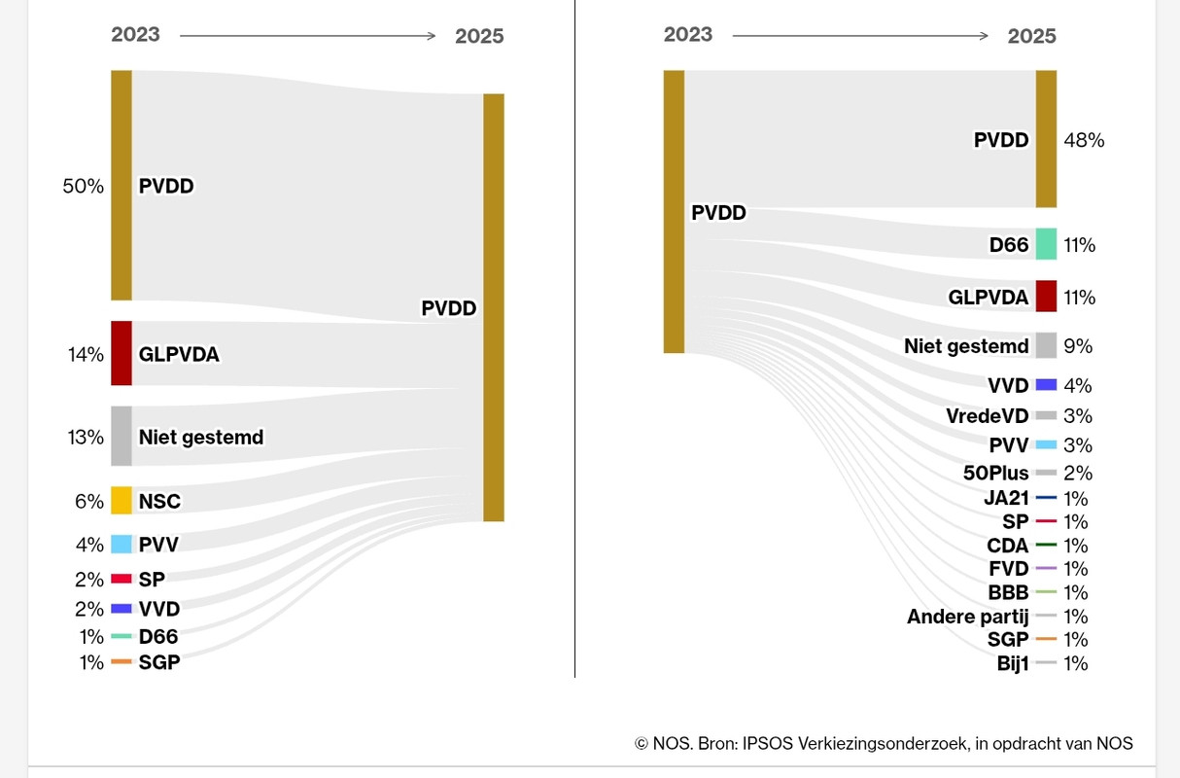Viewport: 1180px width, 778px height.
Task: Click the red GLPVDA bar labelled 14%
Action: point(121,353)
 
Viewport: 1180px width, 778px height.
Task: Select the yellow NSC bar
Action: point(121,500)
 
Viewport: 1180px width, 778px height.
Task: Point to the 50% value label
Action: point(83,186)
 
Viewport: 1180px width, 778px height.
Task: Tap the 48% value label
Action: point(1084,140)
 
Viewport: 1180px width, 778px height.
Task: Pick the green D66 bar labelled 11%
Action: point(1046,244)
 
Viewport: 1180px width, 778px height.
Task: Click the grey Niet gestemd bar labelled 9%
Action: point(1046,345)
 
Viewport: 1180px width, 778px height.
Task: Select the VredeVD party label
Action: point(987,416)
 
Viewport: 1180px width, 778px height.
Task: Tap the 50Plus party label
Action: point(995,474)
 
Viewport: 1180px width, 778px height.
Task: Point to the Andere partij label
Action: point(967,617)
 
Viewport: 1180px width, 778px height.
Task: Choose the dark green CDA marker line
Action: point(1046,545)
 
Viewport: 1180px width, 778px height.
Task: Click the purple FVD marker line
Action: point(1046,568)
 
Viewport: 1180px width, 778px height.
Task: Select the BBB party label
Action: point(1008,592)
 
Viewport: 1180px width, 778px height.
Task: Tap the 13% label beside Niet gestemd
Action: point(85,437)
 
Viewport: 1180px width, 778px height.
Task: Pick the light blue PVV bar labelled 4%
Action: point(121,544)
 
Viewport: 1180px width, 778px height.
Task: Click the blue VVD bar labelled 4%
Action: point(1046,385)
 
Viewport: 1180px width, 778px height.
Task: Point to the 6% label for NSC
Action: point(89,501)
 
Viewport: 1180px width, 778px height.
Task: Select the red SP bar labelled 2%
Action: point(121,579)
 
